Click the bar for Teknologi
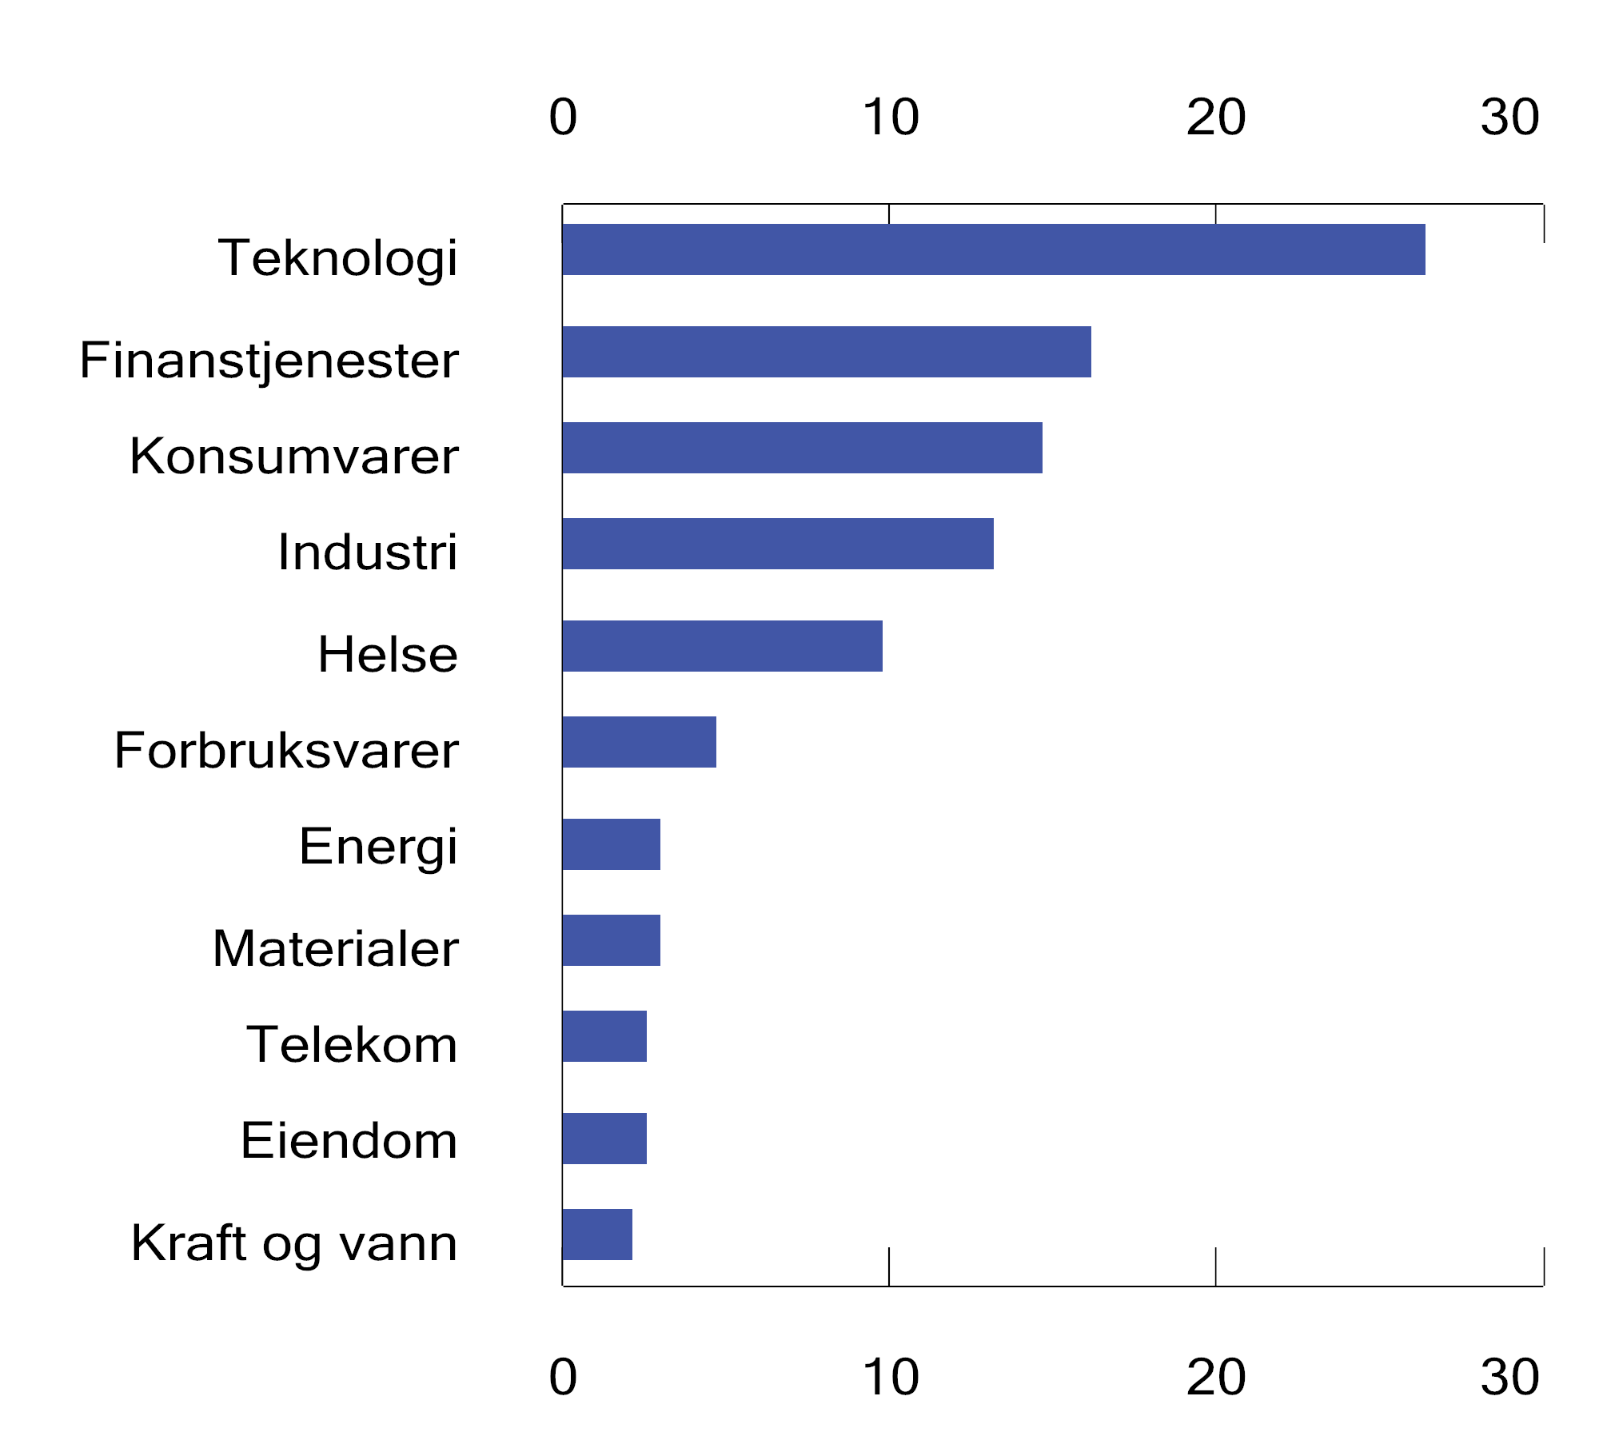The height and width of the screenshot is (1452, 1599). [993, 249]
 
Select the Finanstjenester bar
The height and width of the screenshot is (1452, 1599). [826, 352]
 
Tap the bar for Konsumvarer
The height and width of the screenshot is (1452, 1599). [802, 448]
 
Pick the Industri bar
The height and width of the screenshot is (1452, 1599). [777, 544]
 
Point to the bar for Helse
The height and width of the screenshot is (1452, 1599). [722, 646]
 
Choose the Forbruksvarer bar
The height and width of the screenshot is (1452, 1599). [639, 742]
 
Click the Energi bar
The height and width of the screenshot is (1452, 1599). [611, 844]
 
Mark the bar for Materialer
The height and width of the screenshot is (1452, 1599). [611, 940]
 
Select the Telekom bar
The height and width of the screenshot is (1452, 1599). [604, 1036]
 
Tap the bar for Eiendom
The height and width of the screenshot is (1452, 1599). [604, 1139]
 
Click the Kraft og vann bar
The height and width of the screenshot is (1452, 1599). [596, 1235]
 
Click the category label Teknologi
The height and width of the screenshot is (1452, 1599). [337, 258]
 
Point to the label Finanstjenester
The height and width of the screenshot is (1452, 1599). [269, 360]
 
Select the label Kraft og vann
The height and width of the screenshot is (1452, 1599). [294, 1243]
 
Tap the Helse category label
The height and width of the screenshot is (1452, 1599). [388, 654]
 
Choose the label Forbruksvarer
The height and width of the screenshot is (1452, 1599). [286, 751]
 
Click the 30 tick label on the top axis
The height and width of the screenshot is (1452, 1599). [1509, 118]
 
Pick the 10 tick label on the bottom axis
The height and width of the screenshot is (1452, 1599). [890, 1378]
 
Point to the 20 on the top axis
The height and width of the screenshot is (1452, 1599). [1215, 118]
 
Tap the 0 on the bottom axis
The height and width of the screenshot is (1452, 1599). [563, 1378]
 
